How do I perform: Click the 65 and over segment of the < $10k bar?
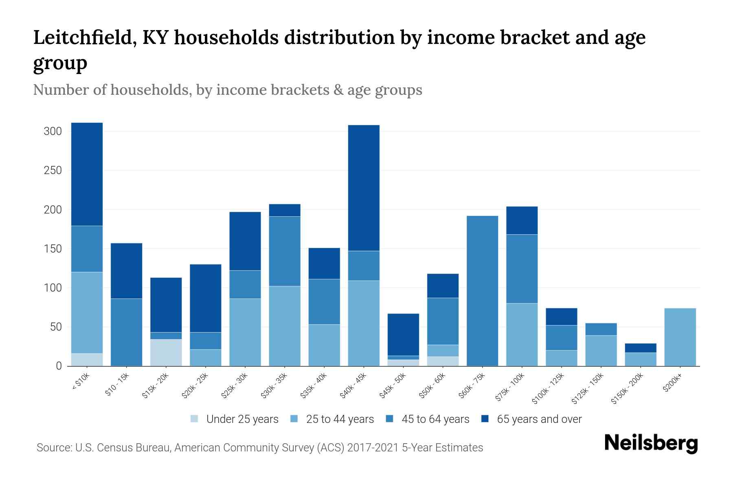[x=87, y=174]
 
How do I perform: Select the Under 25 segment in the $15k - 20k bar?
[x=166, y=353]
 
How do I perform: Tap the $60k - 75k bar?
[x=482, y=291]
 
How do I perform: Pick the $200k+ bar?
[x=680, y=337]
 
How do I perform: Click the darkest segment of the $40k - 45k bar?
[x=364, y=188]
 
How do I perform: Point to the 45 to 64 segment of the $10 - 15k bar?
[x=126, y=332]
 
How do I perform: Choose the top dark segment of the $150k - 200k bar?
[x=640, y=348]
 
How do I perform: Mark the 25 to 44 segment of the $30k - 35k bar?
[x=285, y=326]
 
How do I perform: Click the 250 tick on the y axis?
[x=53, y=170]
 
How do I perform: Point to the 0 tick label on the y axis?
[x=59, y=366]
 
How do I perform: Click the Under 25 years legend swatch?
[x=195, y=418]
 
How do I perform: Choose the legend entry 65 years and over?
[x=539, y=419]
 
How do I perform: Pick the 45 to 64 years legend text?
[x=435, y=419]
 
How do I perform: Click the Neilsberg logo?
[x=651, y=443]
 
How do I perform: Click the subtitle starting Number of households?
[x=227, y=89]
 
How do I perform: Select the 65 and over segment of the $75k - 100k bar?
[x=522, y=220]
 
